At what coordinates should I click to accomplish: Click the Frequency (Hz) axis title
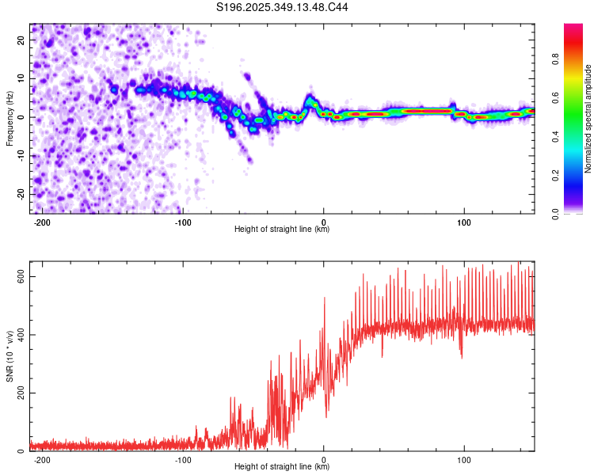(x=10, y=118)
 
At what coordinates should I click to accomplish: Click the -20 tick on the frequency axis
(x=20, y=194)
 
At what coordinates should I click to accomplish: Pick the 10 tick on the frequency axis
(x=21, y=78)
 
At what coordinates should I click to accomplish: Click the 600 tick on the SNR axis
(x=17, y=275)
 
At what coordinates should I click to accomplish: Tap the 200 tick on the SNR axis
(x=17, y=393)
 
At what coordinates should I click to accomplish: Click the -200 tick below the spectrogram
(x=43, y=221)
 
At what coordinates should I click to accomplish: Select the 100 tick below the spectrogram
(x=464, y=221)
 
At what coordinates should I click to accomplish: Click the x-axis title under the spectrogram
(x=282, y=230)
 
